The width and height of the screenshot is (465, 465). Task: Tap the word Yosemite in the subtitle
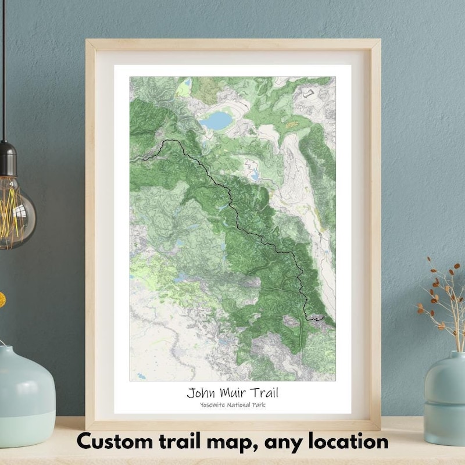click(213, 405)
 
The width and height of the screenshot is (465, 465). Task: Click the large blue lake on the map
click(217, 121)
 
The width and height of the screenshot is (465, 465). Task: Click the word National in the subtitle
click(238, 405)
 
